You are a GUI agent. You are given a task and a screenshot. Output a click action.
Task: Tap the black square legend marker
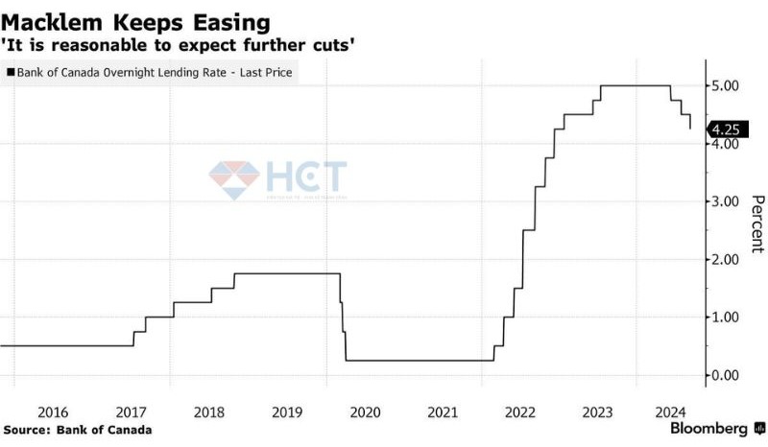[x=11, y=72]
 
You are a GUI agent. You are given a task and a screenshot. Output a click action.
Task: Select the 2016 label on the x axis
[x=54, y=412]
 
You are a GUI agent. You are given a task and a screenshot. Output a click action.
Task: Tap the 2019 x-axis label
[x=287, y=412]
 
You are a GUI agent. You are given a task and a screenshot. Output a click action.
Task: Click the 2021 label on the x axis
[x=443, y=412]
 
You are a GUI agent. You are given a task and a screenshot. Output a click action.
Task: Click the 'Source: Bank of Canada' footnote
[x=77, y=430]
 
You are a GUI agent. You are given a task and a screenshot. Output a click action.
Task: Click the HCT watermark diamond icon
[x=234, y=178]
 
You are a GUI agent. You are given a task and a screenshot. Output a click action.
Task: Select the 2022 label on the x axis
[x=520, y=412]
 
